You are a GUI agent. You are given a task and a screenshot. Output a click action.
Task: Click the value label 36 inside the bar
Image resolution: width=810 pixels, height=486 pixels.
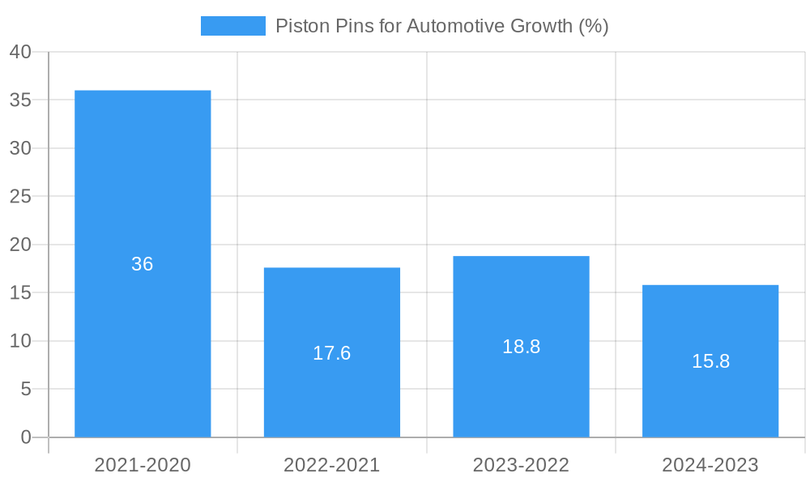(x=143, y=264)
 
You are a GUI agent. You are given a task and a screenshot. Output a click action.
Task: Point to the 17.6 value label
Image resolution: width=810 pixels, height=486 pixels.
(x=332, y=353)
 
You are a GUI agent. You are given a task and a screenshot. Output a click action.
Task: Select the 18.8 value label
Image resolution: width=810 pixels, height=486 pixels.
(x=521, y=347)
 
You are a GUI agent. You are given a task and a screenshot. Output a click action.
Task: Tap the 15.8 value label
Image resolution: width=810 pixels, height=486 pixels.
(x=710, y=361)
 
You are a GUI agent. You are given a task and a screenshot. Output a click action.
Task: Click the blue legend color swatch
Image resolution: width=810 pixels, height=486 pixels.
(x=233, y=26)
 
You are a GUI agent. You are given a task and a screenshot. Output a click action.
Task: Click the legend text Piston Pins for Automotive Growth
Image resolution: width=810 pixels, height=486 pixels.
(x=441, y=26)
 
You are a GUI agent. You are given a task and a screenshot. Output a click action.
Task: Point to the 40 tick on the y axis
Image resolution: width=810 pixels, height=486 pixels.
(x=20, y=52)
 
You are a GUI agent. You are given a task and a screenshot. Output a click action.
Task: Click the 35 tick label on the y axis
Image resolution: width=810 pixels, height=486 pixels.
(x=20, y=100)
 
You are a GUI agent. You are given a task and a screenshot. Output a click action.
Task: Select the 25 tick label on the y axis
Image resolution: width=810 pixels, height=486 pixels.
(x=20, y=197)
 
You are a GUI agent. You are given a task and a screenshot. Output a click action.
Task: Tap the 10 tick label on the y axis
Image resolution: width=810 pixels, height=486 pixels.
(x=20, y=341)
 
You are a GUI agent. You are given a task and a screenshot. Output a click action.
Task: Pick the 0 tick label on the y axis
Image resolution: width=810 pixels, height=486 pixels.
(x=25, y=437)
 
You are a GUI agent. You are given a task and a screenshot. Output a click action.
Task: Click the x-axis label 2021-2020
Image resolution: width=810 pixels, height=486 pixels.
(x=143, y=465)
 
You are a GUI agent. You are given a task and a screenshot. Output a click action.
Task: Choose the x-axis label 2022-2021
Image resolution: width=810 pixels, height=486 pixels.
(x=332, y=465)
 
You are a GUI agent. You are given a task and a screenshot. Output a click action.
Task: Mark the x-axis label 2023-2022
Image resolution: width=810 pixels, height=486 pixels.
(x=521, y=465)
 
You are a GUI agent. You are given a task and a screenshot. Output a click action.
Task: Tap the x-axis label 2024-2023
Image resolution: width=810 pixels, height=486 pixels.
(x=710, y=465)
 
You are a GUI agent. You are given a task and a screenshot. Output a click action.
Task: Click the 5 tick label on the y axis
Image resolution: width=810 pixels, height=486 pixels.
(x=25, y=390)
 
